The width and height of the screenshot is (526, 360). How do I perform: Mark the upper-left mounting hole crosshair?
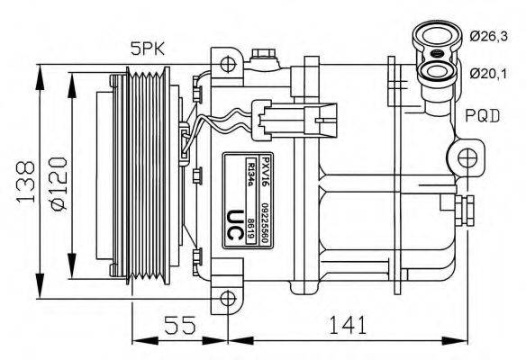pyautogui.click(x=229, y=64)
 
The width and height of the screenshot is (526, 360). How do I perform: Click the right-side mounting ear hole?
pyautogui.click(x=466, y=159)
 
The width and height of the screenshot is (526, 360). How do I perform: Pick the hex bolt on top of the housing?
pyautogui.click(x=265, y=58)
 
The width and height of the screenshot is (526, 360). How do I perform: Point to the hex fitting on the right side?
pyautogui.click(x=466, y=209)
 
